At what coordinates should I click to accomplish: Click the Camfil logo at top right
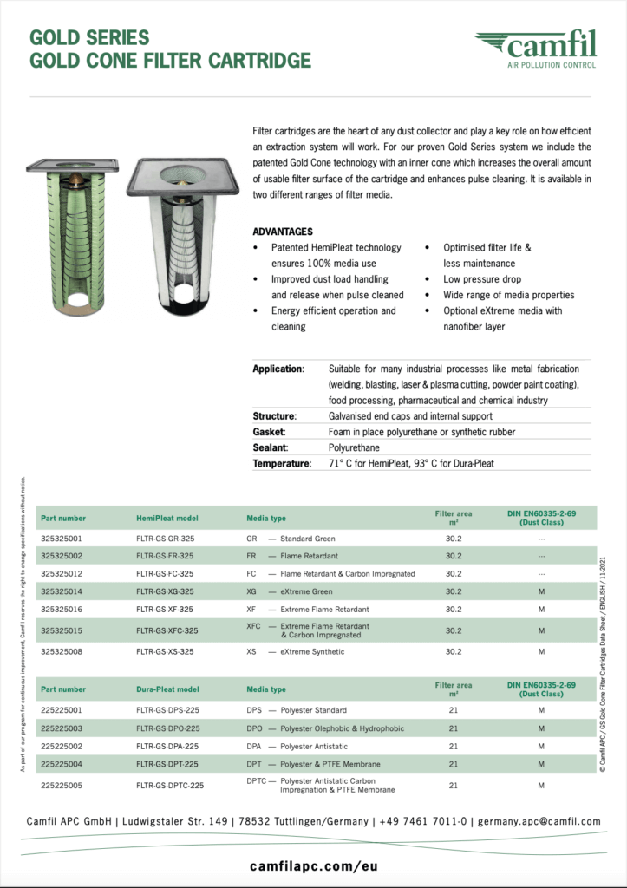coord(535,49)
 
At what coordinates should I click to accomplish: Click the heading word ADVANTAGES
coord(283,232)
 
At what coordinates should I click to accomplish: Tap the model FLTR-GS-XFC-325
coord(167,630)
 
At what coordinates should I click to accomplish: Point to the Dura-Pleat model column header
coord(167,689)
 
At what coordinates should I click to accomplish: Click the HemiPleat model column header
coord(167,518)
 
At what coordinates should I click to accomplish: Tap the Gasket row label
coord(269,432)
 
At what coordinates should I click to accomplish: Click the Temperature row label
coord(281,464)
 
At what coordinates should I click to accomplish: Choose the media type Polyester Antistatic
coord(313,747)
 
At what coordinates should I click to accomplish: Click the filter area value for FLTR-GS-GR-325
coord(454,538)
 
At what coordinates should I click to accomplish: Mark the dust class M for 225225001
coord(541,710)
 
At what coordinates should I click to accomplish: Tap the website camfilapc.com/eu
coord(312,866)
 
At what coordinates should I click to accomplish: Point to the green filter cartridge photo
coord(72,234)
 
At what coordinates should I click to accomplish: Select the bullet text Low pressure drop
coord(483,279)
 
